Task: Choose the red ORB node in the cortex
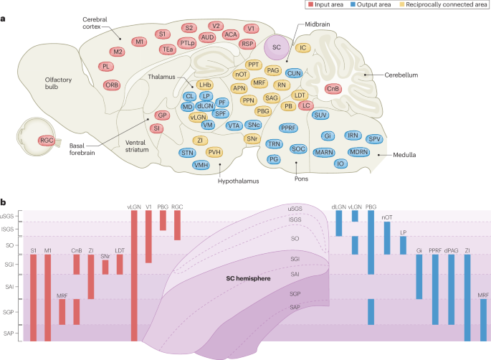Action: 111,83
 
